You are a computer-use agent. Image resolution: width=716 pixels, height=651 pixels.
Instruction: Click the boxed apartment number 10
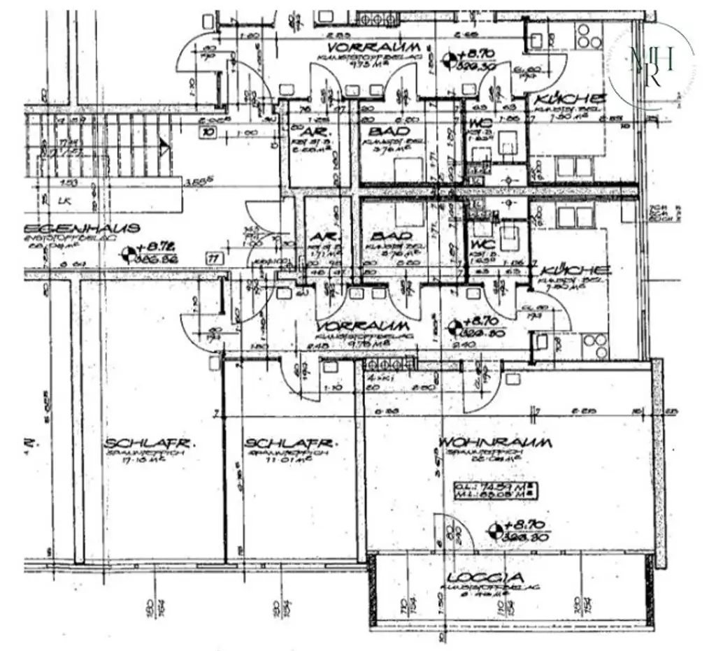208,131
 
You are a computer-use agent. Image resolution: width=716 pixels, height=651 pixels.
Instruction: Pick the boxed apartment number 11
213,258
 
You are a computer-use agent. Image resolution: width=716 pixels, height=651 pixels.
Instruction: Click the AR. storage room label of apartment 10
310,131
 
